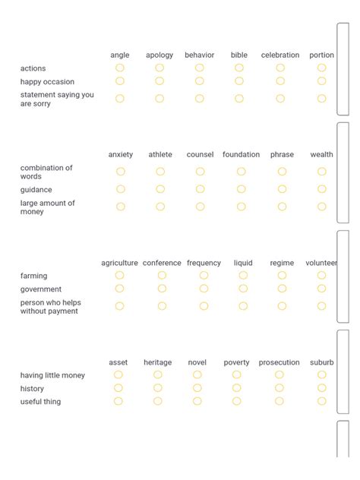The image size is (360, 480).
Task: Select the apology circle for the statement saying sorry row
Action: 159,99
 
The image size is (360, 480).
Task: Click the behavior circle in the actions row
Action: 200,68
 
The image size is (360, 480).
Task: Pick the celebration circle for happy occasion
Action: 280,81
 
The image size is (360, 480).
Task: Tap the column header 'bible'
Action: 239,55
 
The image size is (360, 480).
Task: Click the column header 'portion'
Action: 321,55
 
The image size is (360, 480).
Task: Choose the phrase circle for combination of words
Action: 282,172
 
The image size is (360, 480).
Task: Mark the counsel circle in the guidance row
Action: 200,189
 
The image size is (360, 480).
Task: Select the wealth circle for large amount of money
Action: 321,207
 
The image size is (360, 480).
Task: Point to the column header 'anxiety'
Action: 120,154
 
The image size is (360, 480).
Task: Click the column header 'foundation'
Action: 241,154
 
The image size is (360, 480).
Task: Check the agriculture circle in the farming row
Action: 120,276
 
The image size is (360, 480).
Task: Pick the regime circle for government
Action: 282,289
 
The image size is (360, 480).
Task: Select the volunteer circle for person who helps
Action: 321,306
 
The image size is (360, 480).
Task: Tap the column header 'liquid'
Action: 243,263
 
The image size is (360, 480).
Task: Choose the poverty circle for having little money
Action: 236,374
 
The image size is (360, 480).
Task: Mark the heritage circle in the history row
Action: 158,388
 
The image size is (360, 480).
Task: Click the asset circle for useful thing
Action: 118,401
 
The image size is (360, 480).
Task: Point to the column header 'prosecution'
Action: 279,362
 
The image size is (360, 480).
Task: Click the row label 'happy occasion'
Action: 47,81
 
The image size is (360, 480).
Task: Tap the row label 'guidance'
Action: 36,189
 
